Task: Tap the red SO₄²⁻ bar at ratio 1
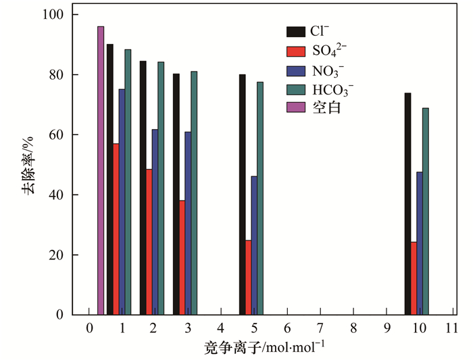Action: (x=116, y=229)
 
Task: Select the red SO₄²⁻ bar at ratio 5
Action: (x=248, y=277)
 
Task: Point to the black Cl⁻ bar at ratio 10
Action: (x=407, y=203)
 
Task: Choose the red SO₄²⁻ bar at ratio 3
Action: (x=182, y=257)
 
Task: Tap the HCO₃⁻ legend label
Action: (x=332, y=88)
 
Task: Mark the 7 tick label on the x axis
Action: (x=320, y=328)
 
